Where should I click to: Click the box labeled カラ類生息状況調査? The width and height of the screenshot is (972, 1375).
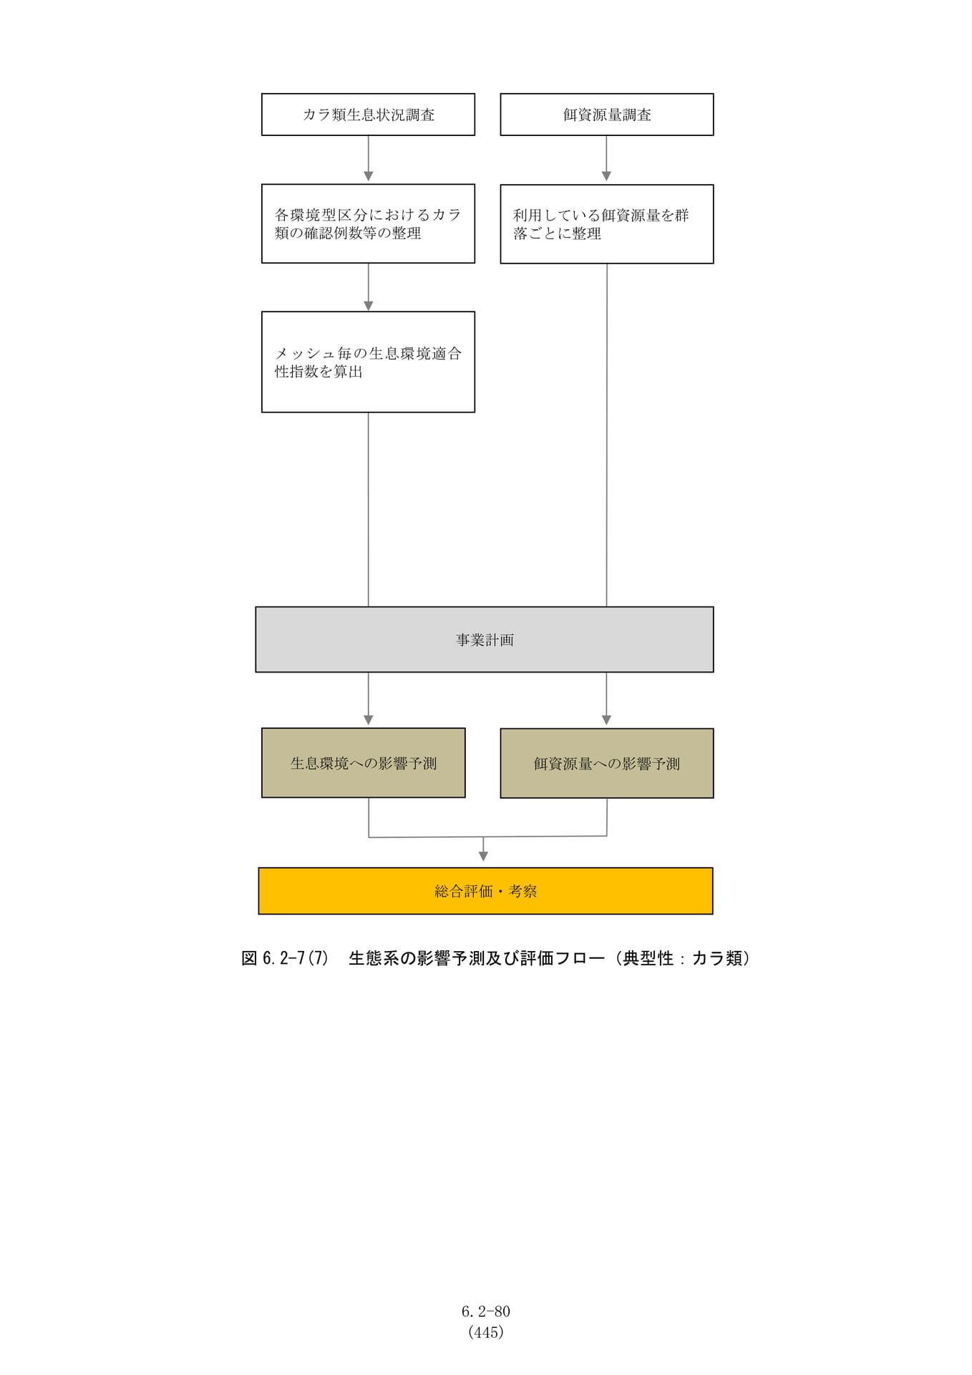[368, 115]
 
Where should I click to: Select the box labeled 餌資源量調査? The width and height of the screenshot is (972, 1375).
[607, 115]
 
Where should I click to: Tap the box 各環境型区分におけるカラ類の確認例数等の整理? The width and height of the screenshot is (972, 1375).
[368, 223]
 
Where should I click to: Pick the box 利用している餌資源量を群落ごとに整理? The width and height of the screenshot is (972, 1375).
[607, 224]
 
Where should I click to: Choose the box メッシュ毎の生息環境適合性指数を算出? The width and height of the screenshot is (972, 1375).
[368, 362]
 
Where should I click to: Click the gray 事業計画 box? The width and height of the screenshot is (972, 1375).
[485, 640]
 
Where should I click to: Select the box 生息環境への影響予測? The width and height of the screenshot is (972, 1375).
[364, 763]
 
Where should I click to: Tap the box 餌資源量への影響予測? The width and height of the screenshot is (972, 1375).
[607, 763]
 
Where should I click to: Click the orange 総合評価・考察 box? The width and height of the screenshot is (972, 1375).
[485, 891]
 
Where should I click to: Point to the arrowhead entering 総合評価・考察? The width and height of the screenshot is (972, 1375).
[483, 857]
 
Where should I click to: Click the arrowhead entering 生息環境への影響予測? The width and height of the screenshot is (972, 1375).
[369, 720]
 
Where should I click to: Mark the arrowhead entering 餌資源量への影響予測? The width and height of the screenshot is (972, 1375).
[606, 720]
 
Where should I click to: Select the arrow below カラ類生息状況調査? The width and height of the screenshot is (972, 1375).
[369, 158]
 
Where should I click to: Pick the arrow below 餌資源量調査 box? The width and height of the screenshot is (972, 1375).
[606, 158]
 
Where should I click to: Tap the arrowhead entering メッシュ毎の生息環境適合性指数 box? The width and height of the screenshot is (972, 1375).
[369, 306]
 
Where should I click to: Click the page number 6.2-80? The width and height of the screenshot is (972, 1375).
[486, 1311]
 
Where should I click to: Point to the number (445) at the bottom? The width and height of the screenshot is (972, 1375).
[486, 1332]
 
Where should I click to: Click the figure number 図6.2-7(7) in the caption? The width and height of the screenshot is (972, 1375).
[285, 958]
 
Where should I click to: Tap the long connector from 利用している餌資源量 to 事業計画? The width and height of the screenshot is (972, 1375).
[607, 435]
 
